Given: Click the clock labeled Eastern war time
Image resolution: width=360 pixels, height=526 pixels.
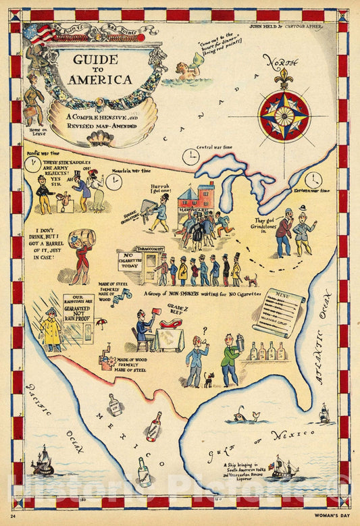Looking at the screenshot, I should coord(313,180).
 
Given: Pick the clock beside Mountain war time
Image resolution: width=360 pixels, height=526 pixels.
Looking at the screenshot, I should coord(114,182).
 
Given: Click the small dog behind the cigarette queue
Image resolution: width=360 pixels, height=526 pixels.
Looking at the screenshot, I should coord(251,280).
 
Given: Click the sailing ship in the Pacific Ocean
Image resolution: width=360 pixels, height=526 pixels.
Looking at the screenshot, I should coord(43,463).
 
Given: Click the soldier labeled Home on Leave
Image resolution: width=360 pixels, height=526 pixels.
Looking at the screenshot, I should coord(34,97).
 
